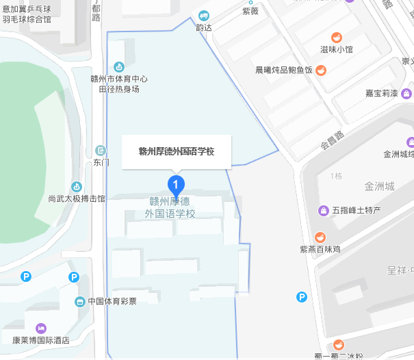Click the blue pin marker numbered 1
(x=177, y=184)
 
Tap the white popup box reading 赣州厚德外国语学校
(x=177, y=151)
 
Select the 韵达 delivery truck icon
(x=203, y=15)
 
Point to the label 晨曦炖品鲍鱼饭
(x=283, y=70)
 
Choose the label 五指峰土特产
(x=356, y=210)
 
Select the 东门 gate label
(x=101, y=163)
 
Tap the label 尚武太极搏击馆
(x=77, y=199)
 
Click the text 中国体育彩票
(x=112, y=301)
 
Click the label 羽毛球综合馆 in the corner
(x=26, y=19)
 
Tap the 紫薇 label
(x=251, y=11)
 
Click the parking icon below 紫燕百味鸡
(x=302, y=296)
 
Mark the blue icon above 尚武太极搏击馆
(x=77, y=186)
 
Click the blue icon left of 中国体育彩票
(x=80, y=301)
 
